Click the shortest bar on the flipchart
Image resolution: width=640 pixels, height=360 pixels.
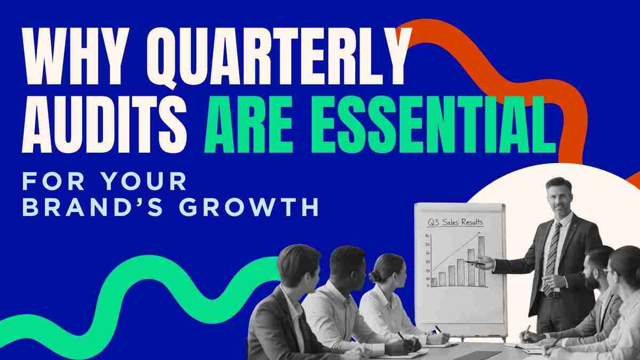[434, 281]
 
